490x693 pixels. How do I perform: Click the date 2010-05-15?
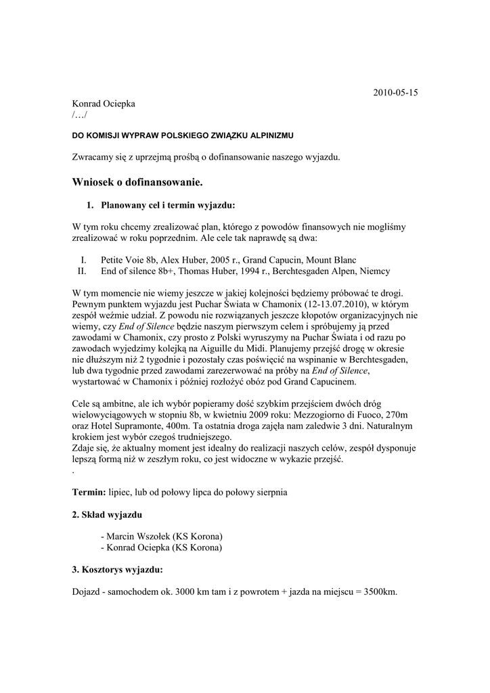click(396, 92)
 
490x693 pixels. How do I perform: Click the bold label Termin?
click(89, 492)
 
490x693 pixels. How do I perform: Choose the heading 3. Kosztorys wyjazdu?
click(117, 569)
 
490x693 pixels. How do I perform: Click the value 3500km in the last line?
click(378, 591)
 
